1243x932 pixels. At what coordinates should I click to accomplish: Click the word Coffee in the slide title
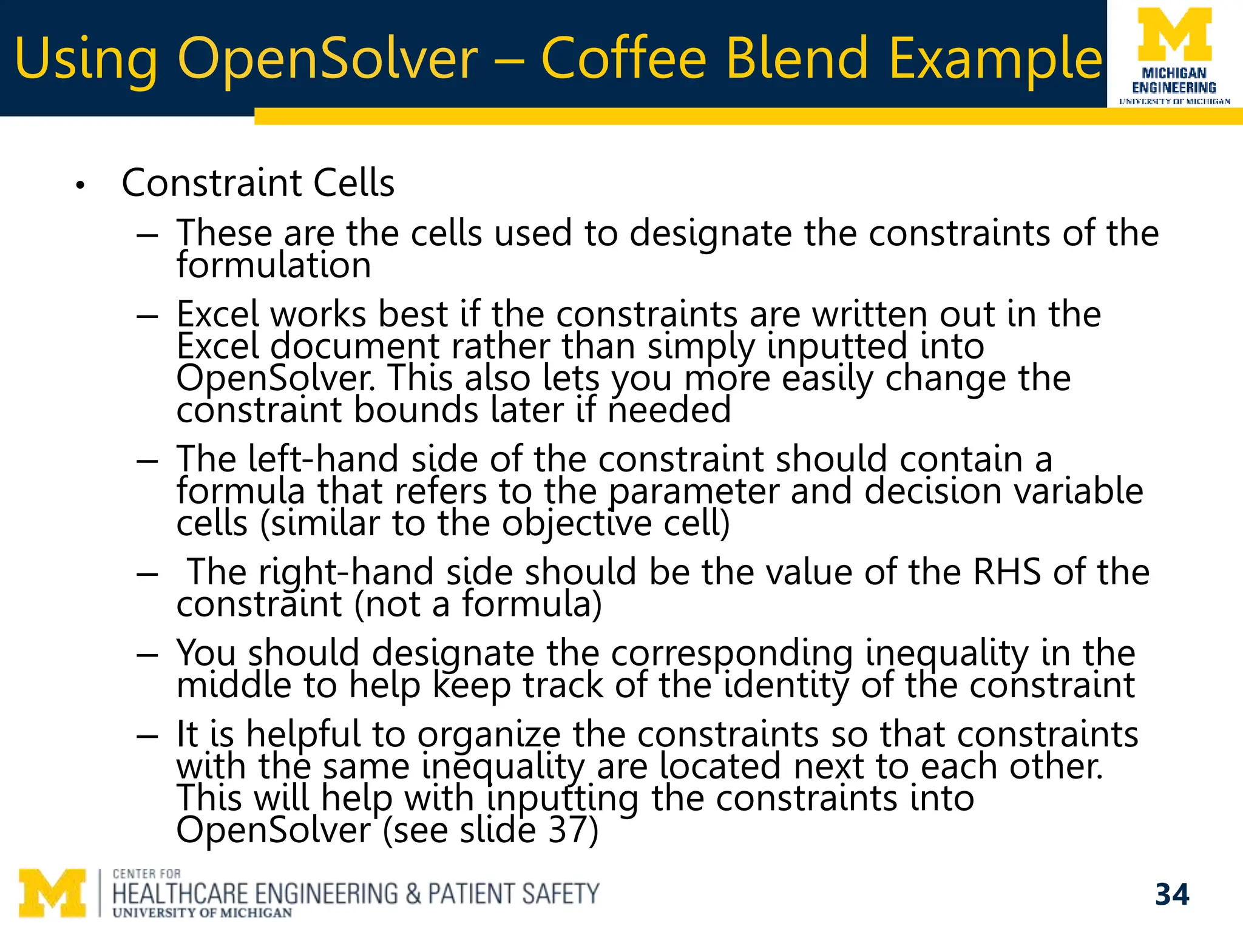pos(624,58)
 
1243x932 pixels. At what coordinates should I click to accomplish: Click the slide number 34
pos(1172,894)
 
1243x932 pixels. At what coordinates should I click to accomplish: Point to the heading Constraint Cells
pos(258,183)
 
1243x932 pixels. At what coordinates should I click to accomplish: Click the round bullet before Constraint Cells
pos(80,185)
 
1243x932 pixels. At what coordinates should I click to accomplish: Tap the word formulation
pos(274,266)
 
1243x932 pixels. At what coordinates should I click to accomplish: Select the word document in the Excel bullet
pos(354,346)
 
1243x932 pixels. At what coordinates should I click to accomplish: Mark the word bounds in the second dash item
pos(416,410)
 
